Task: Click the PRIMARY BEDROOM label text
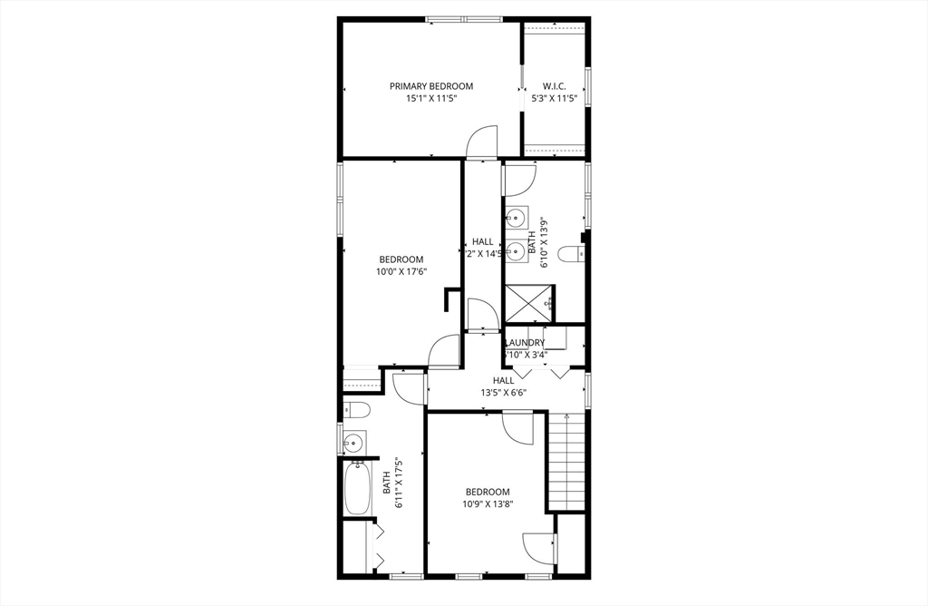tap(431, 86)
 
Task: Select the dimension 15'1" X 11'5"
tap(431, 98)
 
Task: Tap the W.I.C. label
tap(554, 86)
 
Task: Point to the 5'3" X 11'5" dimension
tap(554, 98)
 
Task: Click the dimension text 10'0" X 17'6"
tap(401, 271)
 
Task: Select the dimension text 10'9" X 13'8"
tap(488, 504)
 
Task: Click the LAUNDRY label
tap(525, 342)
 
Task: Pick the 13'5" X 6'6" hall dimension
tap(503, 393)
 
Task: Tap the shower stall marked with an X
tap(528, 302)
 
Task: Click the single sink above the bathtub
tap(353, 443)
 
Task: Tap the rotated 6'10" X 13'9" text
tap(544, 243)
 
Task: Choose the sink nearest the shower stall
tap(518, 250)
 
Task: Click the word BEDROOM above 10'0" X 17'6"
tap(401, 259)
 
